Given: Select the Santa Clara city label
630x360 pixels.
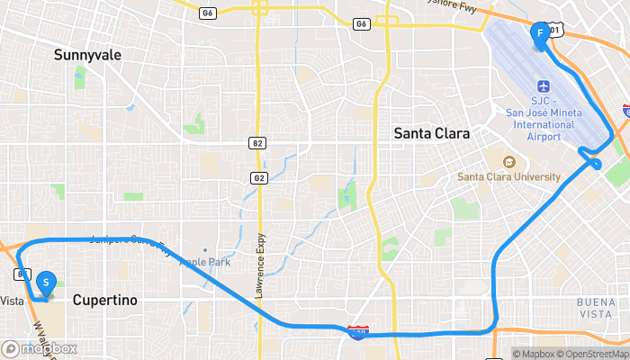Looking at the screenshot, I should click(x=432, y=133).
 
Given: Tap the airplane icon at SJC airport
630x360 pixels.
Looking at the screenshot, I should click(x=543, y=86).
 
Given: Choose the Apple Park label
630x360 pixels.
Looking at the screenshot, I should click(x=205, y=262).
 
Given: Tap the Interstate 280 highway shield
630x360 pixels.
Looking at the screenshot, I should click(x=357, y=333).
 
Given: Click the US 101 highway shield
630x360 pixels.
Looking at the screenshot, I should click(x=555, y=31).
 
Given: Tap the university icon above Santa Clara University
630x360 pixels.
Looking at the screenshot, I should click(x=507, y=162).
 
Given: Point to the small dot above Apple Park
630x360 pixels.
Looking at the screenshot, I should click(x=205, y=250).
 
